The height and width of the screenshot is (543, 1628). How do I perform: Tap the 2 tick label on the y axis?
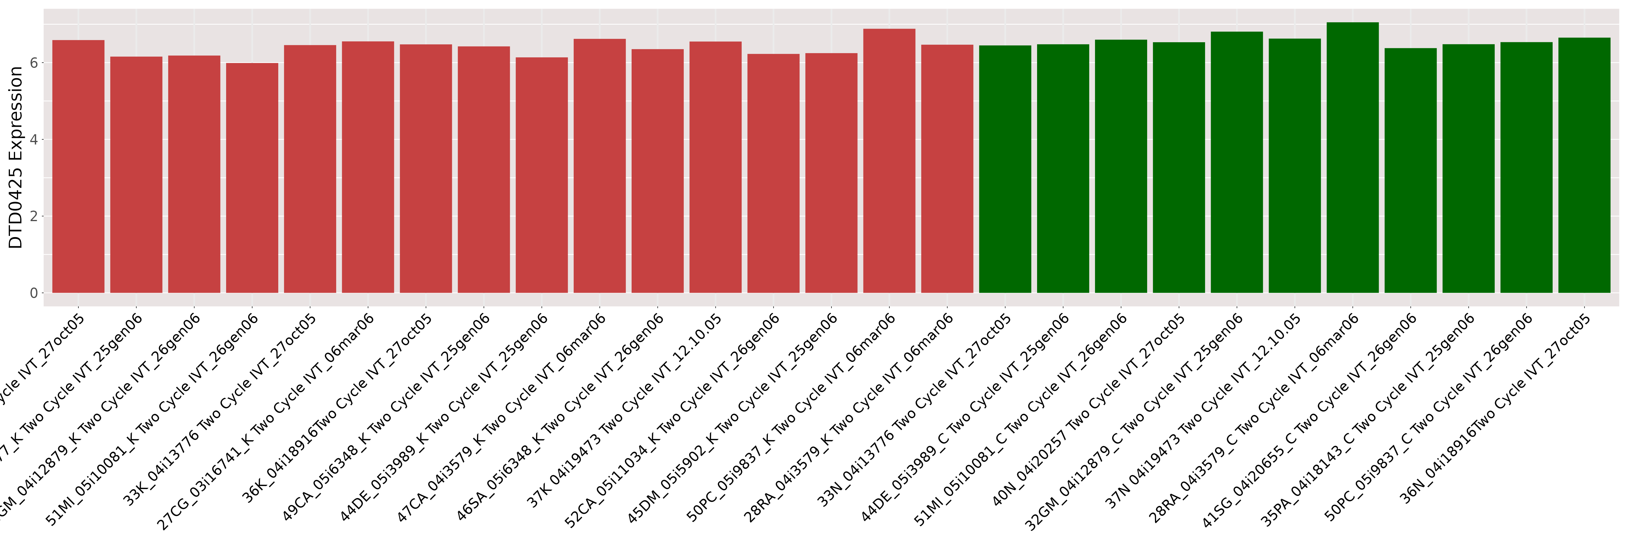33,216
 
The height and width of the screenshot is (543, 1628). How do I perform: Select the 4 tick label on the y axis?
33,140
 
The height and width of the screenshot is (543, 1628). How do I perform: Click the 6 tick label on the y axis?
33,62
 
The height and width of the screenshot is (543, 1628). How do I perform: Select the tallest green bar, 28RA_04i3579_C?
1352,158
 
